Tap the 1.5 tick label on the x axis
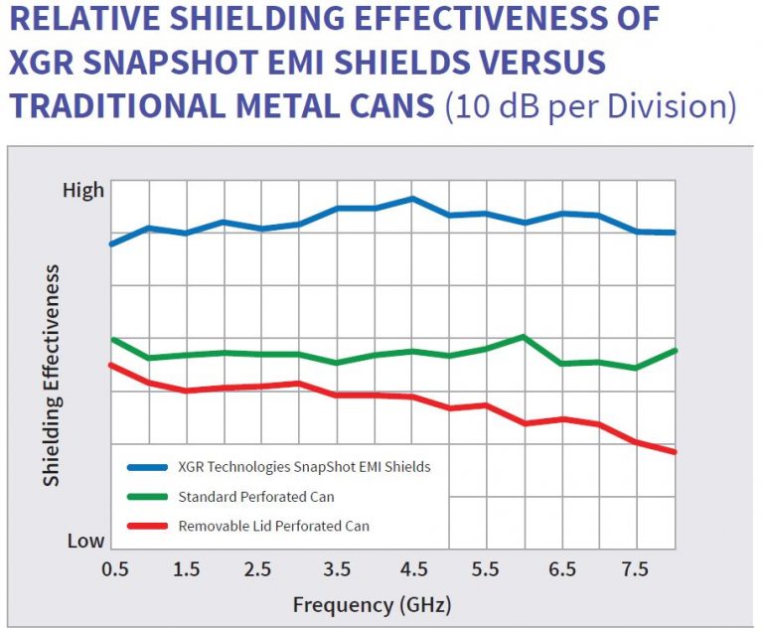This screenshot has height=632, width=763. click(x=186, y=569)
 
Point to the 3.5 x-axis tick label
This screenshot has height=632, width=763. click(x=337, y=569)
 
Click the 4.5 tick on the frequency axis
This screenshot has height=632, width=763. click(x=412, y=569)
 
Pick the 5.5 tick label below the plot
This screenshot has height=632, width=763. click(x=487, y=569)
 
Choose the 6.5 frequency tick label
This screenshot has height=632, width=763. click(x=562, y=569)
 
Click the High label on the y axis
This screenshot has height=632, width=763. click(x=83, y=190)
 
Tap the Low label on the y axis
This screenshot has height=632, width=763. click(x=85, y=542)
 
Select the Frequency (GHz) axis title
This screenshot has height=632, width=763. click(x=372, y=604)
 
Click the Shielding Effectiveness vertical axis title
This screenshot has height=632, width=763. click(x=52, y=375)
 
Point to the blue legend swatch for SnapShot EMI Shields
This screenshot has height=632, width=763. click(x=147, y=466)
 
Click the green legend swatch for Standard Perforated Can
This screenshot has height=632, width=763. click(x=147, y=497)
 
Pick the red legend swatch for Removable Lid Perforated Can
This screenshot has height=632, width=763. click(x=147, y=527)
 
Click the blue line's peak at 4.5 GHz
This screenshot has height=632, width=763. click(x=412, y=199)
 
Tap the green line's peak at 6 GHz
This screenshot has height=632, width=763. click(x=524, y=337)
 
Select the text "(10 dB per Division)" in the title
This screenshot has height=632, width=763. click(x=589, y=106)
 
